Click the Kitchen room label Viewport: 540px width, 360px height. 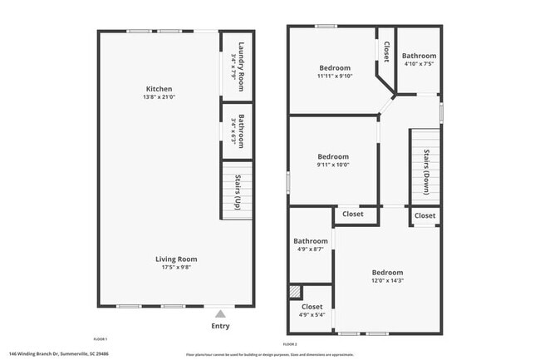pyautogui.click(x=159, y=89)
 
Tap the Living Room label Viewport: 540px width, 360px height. pyautogui.click(x=175, y=259)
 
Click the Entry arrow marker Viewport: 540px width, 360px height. pyautogui.click(x=219, y=313)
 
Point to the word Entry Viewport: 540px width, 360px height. pyautogui.click(x=219, y=325)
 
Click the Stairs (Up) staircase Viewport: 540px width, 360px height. pyautogui.click(x=236, y=190)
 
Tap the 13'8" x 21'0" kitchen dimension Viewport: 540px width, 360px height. pyautogui.click(x=160, y=97)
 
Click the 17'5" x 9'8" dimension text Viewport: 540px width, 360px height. pyautogui.click(x=175, y=268)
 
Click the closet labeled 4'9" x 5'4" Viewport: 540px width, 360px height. pyautogui.click(x=310, y=308)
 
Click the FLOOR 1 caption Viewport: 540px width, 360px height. pyautogui.click(x=101, y=339)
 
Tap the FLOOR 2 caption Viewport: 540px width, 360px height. pyautogui.click(x=289, y=343)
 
